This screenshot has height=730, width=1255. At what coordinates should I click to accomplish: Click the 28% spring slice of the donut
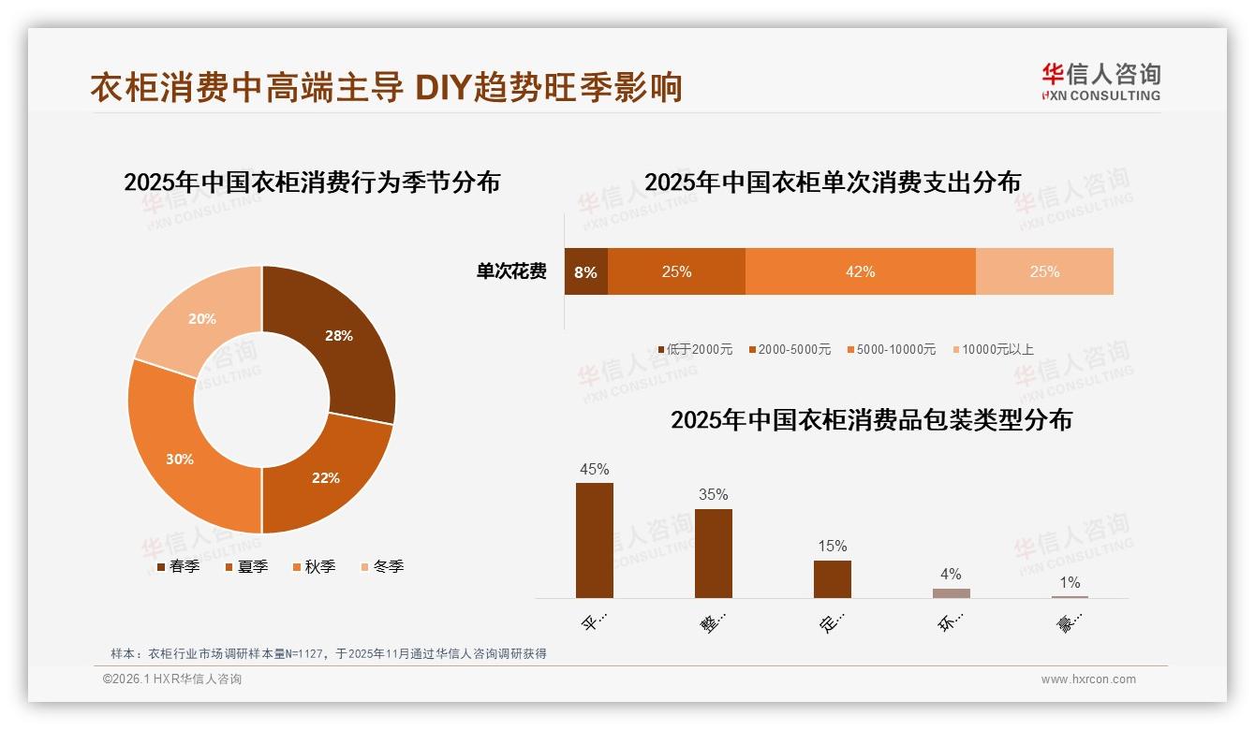pos(337,337)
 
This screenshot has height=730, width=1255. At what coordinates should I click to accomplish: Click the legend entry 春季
pos(178,566)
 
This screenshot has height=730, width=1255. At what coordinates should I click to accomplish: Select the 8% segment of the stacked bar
pos(585,271)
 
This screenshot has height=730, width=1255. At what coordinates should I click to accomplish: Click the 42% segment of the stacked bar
pos(860,271)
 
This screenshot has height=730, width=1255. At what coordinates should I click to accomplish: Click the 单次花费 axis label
pos(511,271)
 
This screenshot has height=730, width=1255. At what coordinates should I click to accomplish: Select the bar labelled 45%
pos(595,540)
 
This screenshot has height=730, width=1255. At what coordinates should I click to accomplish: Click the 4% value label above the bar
pos(951,574)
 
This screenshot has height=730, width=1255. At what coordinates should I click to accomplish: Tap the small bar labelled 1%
pos(1070,596)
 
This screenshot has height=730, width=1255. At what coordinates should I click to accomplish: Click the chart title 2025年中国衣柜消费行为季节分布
pos(312,182)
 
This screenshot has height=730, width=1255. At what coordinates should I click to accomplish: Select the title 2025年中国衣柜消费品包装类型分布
pos(871,419)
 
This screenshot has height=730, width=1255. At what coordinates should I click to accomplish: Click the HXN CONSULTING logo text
pos(1101,95)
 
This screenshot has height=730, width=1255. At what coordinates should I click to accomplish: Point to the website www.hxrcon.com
pos(1088,679)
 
